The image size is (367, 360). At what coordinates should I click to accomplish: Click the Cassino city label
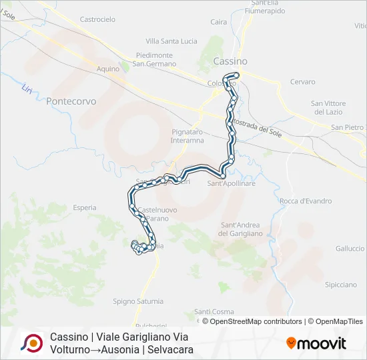(230, 61)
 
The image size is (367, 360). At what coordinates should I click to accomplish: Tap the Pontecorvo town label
(71, 101)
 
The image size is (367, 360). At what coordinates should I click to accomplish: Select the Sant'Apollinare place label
(232, 183)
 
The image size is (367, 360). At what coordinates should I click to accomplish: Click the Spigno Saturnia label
(137, 301)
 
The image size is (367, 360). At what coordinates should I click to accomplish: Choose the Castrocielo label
(97, 20)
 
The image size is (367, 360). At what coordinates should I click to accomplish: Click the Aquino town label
(107, 69)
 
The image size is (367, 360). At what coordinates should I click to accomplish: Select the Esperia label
(85, 208)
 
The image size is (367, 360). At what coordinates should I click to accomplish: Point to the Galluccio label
(350, 249)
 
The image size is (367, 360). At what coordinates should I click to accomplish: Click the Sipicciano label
(340, 285)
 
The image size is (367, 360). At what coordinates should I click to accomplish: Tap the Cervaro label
(302, 82)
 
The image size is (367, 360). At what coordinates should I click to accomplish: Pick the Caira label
(218, 22)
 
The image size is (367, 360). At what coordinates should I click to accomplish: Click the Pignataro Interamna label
(187, 137)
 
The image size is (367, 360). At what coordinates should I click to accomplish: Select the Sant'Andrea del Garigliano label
(242, 229)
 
